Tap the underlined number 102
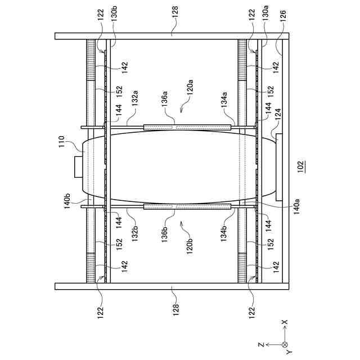301,165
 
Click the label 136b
165,236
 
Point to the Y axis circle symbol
285,344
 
